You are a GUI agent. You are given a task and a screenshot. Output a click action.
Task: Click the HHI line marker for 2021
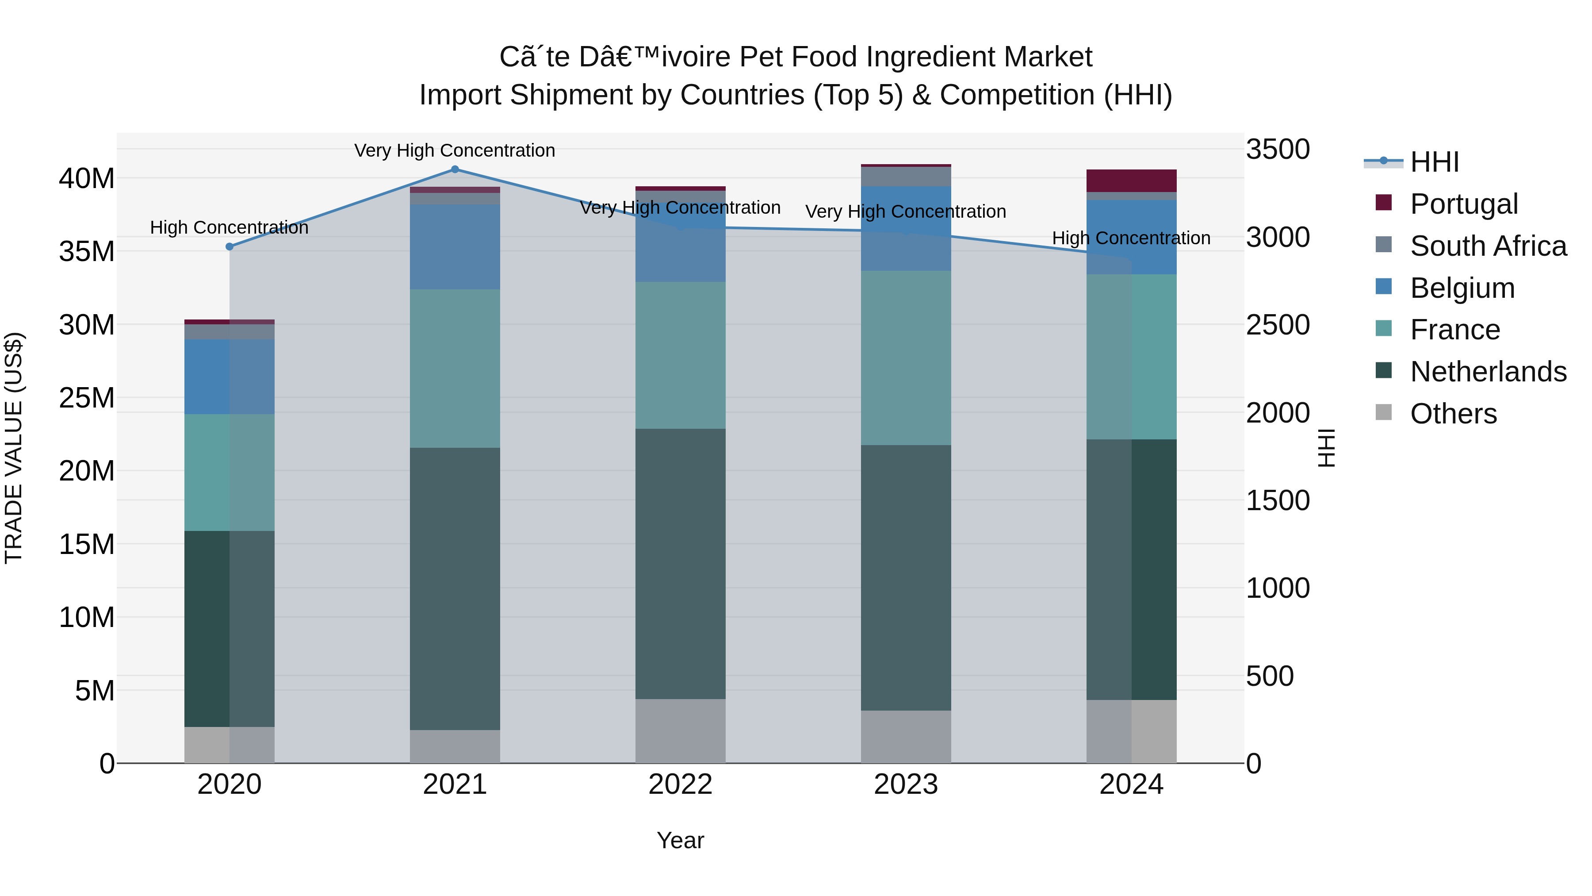(455, 169)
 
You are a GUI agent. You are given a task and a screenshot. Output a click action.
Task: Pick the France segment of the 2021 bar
(455, 369)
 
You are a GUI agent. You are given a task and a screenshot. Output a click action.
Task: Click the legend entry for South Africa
(1488, 246)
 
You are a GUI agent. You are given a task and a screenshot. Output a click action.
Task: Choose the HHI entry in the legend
(1434, 162)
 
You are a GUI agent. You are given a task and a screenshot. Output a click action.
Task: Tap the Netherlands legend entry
(1488, 372)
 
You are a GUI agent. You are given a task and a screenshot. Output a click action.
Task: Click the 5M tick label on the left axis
(95, 691)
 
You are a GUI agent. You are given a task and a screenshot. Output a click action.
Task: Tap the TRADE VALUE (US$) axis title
(14, 448)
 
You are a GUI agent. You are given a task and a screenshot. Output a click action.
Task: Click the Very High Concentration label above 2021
(455, 150)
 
